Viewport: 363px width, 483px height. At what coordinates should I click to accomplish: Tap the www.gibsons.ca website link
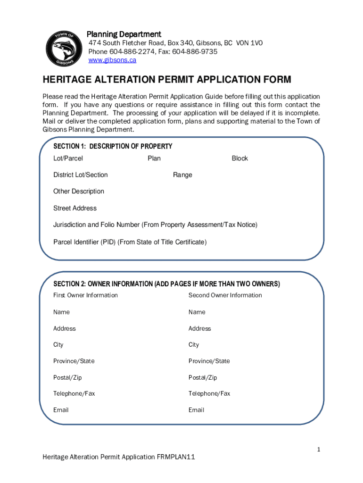(x=112, y=60)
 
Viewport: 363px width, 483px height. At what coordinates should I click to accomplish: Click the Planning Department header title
(x=124, y=34)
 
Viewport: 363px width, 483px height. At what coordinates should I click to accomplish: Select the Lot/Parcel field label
(x=68, y=158)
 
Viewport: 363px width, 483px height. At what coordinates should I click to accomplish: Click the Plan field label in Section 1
(x=154, y=158)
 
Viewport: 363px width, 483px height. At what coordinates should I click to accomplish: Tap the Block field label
(x=239, y=158)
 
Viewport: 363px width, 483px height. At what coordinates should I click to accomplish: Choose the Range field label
(x=182, y=175)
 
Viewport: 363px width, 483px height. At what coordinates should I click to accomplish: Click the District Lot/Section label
(x=80, y=175)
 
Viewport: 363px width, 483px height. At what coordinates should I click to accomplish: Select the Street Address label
(x=74, y=208)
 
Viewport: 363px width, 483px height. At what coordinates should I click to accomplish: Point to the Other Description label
(x=78, y=191)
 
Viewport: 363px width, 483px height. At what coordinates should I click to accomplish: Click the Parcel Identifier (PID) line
(x=130, y=242)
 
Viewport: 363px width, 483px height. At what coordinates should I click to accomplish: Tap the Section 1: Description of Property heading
(x=113, y=146)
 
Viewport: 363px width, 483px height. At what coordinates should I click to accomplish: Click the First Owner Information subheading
(x=85, y=295)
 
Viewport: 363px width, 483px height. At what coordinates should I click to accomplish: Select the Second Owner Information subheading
(x=225, y=295)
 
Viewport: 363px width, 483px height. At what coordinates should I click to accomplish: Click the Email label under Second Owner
(x=196, y=410)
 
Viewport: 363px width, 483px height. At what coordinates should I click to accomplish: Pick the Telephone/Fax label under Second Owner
(x=209, y=393)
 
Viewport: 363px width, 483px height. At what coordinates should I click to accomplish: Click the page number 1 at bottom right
(x=319, y=450)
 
